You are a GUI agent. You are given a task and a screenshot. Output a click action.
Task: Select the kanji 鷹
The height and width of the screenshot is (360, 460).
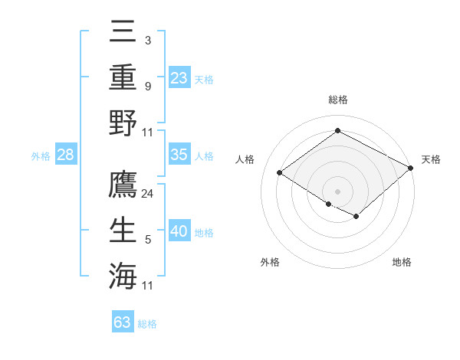pyautogui.click(x=123, y=184)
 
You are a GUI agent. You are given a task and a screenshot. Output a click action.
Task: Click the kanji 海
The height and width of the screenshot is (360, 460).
pyautogui.click(x=123, y=274)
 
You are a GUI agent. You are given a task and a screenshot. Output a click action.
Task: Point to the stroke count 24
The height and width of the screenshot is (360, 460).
pyautogui.click(x=148, y=194)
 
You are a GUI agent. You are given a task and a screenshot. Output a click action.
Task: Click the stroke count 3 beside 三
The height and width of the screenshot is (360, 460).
pyautogui.click(x=147, y=41)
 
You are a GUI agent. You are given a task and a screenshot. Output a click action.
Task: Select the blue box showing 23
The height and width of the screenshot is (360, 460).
pyautogui.click(x=179, y=77)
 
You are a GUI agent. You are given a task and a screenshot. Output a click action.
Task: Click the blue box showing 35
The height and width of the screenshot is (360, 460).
pyautogui.click(x=179, y=155)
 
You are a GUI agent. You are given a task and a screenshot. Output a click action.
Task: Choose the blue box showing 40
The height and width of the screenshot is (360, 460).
pyautogui.click(x=179, y=231)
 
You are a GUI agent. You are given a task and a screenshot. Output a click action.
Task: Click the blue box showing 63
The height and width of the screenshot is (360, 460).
pyautogui.click(x=123, y=322)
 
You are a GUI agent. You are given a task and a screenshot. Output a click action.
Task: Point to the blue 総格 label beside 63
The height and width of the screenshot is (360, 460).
pyautogui.click(x=147, y=324)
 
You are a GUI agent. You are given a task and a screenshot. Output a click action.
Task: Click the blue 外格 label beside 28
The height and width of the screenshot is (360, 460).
pyautogui.click(x=41, y=157)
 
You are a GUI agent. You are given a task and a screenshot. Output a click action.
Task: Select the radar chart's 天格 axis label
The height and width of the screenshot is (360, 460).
pyautogui.click(x=431, y=159)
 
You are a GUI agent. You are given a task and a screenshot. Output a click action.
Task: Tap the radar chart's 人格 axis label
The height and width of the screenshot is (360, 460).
pyautogui.click(x=245, y=159)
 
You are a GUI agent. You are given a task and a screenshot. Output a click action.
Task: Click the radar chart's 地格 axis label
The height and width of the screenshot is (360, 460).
pyautogui.click(x=402, y=263)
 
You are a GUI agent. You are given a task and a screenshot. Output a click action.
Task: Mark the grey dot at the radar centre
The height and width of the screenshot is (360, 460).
pyautogui.click(x=337, y=191)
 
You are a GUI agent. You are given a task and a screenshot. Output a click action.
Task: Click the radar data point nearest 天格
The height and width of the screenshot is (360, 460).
pyautogui.click(x=411, y=167)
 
